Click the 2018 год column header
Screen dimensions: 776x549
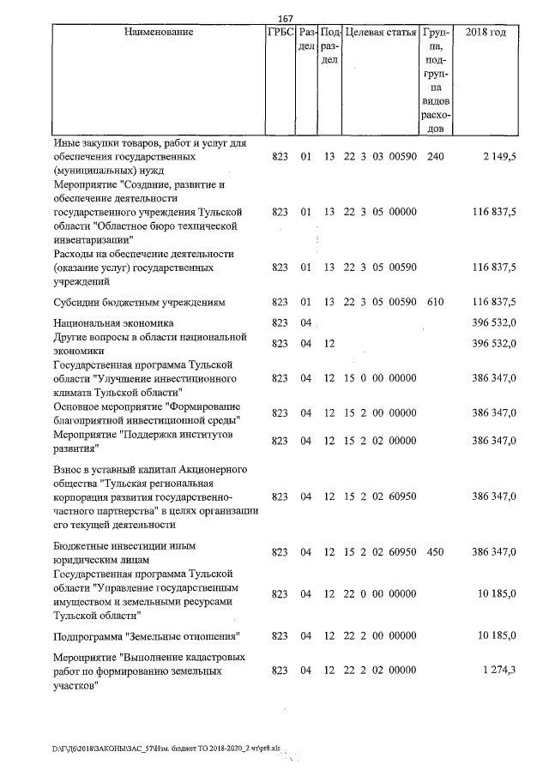[485, 32]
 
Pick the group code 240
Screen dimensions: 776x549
[435, 159]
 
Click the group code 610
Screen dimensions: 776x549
[435, 302]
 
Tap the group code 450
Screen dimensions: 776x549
[435, 558]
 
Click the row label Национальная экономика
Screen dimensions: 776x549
[112, 323]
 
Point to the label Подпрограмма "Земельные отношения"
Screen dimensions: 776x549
[145, 635]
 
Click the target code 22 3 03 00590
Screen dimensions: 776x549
[380, 159]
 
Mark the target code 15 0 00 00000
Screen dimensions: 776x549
[380, 377]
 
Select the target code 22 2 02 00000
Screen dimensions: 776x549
[380, 671]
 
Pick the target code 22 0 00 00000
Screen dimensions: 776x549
[380, 593]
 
